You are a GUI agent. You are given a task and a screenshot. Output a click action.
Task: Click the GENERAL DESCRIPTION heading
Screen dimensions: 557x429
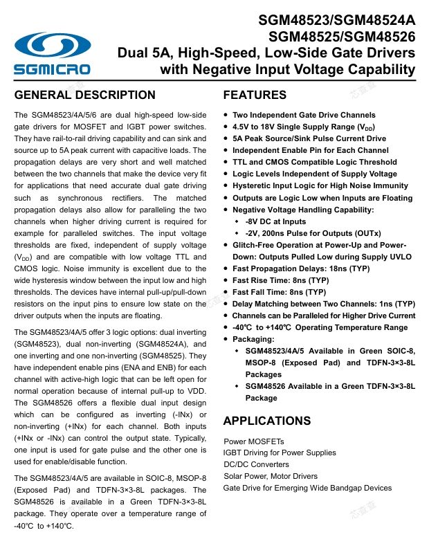click(x=85, y=95)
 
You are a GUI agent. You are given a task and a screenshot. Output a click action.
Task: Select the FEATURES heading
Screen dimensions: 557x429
click(x=255, y=95)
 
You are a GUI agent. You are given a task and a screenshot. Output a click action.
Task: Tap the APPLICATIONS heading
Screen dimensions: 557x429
click(x=267, y=421)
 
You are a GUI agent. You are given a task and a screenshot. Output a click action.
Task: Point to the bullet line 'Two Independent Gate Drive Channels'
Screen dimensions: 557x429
click(x=304, y=115)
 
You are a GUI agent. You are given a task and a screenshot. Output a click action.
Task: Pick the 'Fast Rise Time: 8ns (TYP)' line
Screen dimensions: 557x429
click(x=280, y=280)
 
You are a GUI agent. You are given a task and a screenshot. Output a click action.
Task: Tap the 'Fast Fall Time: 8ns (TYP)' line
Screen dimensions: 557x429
click(x=279, y=292)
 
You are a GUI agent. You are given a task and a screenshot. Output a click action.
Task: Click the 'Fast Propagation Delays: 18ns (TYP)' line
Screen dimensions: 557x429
click(x=301, y=268)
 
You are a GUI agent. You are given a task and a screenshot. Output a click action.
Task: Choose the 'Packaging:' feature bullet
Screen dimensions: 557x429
click(x=253, y=339)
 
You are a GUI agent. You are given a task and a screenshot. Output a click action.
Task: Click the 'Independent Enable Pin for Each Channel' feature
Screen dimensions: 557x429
click(x=311, y=150)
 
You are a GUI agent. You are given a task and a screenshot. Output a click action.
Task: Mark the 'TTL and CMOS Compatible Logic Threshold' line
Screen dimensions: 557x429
click(x=315, y=162)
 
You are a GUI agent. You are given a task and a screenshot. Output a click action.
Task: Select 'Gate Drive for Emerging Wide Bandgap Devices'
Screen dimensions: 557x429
click(x=307, y=488)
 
